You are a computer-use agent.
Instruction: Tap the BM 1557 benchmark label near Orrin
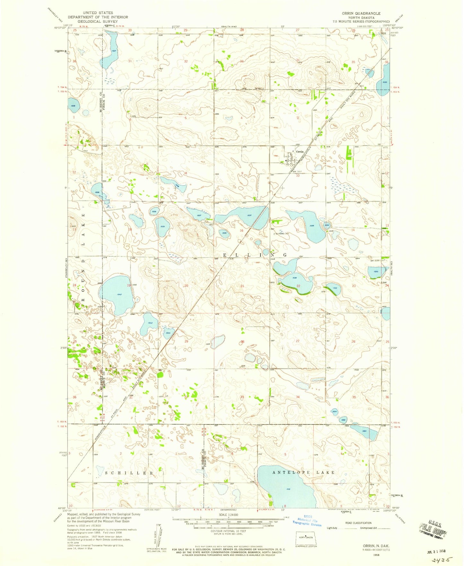297,172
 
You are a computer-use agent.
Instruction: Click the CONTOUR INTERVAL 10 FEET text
228,531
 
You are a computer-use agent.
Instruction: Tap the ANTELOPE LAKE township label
303,472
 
